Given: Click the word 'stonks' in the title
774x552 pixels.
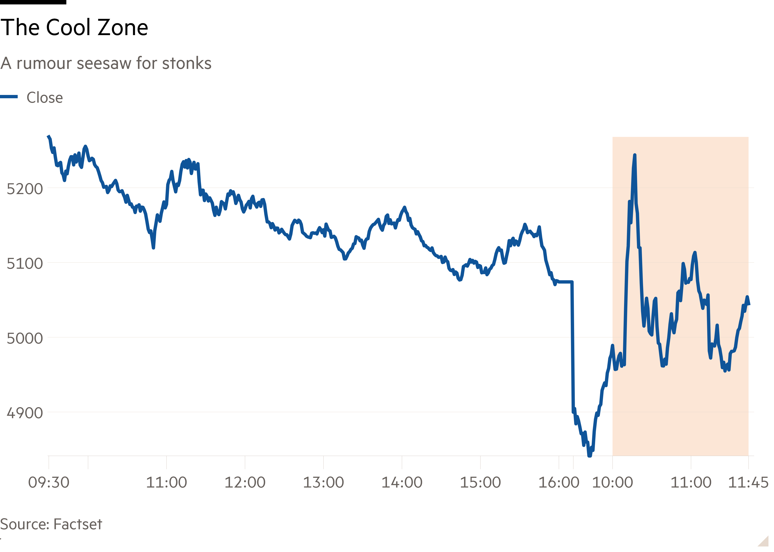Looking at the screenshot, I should [186, 64].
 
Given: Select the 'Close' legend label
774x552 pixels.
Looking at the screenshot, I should [45, 98].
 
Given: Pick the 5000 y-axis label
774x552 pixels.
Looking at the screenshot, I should [25, 338].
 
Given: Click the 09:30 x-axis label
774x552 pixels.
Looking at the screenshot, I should [49, 482].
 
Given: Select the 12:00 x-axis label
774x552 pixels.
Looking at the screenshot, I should [245, 482].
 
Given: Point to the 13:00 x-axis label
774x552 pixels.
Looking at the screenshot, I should [323, 482].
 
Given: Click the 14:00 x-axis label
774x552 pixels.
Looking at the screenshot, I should [402, 482].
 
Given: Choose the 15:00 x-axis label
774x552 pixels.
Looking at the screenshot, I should [480, 482].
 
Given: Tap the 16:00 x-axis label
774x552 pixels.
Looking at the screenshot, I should [559, 482].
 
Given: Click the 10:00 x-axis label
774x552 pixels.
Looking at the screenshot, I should [612, 482].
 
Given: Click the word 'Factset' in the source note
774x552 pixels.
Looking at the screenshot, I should [78, 524].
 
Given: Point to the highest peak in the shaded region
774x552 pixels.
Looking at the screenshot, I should [634, 155].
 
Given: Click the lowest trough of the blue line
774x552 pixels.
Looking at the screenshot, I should [590, 455].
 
